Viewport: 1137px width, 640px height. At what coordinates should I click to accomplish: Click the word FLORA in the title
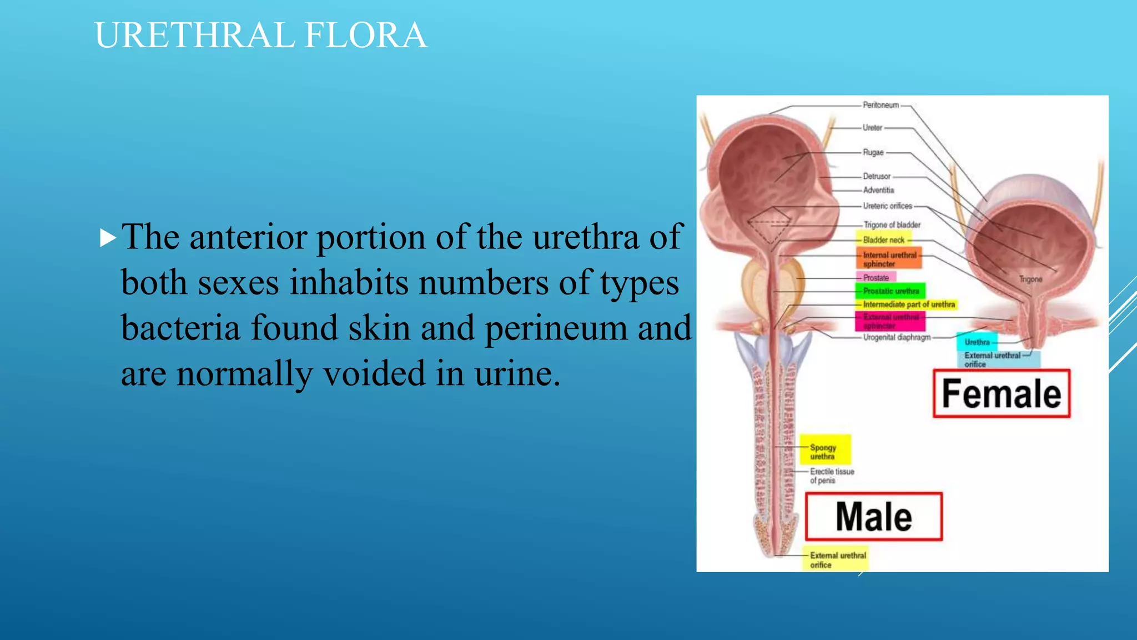[366, 36]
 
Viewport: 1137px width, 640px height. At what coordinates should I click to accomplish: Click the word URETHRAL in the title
[194, 36]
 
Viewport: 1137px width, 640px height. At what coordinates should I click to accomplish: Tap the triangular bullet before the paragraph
[108, 238]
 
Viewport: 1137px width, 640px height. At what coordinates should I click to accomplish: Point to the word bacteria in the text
[180, 328]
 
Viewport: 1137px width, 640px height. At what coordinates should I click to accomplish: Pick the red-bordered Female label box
[1002, 393]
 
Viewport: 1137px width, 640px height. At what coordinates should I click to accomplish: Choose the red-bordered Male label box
[874, 517]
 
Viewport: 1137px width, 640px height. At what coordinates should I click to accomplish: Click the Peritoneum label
[881, 105]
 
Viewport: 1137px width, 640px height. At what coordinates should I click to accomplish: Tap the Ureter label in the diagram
[872, 128]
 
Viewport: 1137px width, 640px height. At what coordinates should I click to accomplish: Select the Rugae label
[873, 152]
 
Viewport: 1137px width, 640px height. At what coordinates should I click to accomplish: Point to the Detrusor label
[877, 176]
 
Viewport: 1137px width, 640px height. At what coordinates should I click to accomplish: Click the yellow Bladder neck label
[884, 240]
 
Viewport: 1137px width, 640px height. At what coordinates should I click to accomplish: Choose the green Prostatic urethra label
[891, 291]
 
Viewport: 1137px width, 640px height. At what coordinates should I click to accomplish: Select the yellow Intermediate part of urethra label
[908, 304]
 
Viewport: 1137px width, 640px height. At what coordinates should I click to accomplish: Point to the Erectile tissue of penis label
[832, 476]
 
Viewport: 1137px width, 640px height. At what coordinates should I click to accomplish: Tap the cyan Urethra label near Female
[977, 342]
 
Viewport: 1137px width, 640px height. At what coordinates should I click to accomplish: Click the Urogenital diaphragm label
[897, 337]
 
